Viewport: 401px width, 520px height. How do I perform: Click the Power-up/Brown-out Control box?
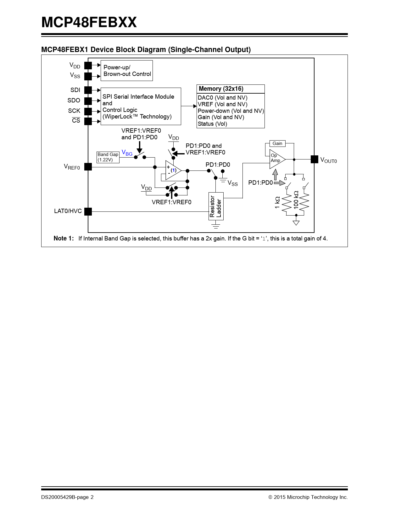[126, 71]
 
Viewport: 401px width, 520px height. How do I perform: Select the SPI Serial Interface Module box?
[141, 107]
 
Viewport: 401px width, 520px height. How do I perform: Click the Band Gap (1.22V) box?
[108, 157]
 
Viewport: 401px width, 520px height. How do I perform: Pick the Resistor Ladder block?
[216, 206]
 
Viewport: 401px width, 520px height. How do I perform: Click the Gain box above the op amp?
[277, 143]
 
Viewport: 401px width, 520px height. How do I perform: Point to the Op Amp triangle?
[276, 159]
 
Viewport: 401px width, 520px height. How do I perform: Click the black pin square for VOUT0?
[314, 159]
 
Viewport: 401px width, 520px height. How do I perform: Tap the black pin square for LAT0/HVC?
[88, 211]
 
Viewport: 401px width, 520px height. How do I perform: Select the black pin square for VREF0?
[88, 167]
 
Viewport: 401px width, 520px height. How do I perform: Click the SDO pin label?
[74, 101]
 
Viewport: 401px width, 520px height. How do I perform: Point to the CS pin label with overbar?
[76, 121]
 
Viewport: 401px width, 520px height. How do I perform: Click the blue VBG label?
[127, 153]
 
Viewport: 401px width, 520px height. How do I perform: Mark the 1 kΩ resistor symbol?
[287, 203]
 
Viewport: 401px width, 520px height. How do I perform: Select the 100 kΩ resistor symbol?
[304, 203]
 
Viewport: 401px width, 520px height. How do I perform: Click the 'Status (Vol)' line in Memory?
[212, 124]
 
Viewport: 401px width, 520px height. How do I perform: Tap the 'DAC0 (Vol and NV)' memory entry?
[222, 98]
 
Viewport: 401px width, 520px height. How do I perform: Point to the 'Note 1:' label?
[64, 239]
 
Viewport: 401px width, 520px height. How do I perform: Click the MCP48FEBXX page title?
[89, 22]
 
